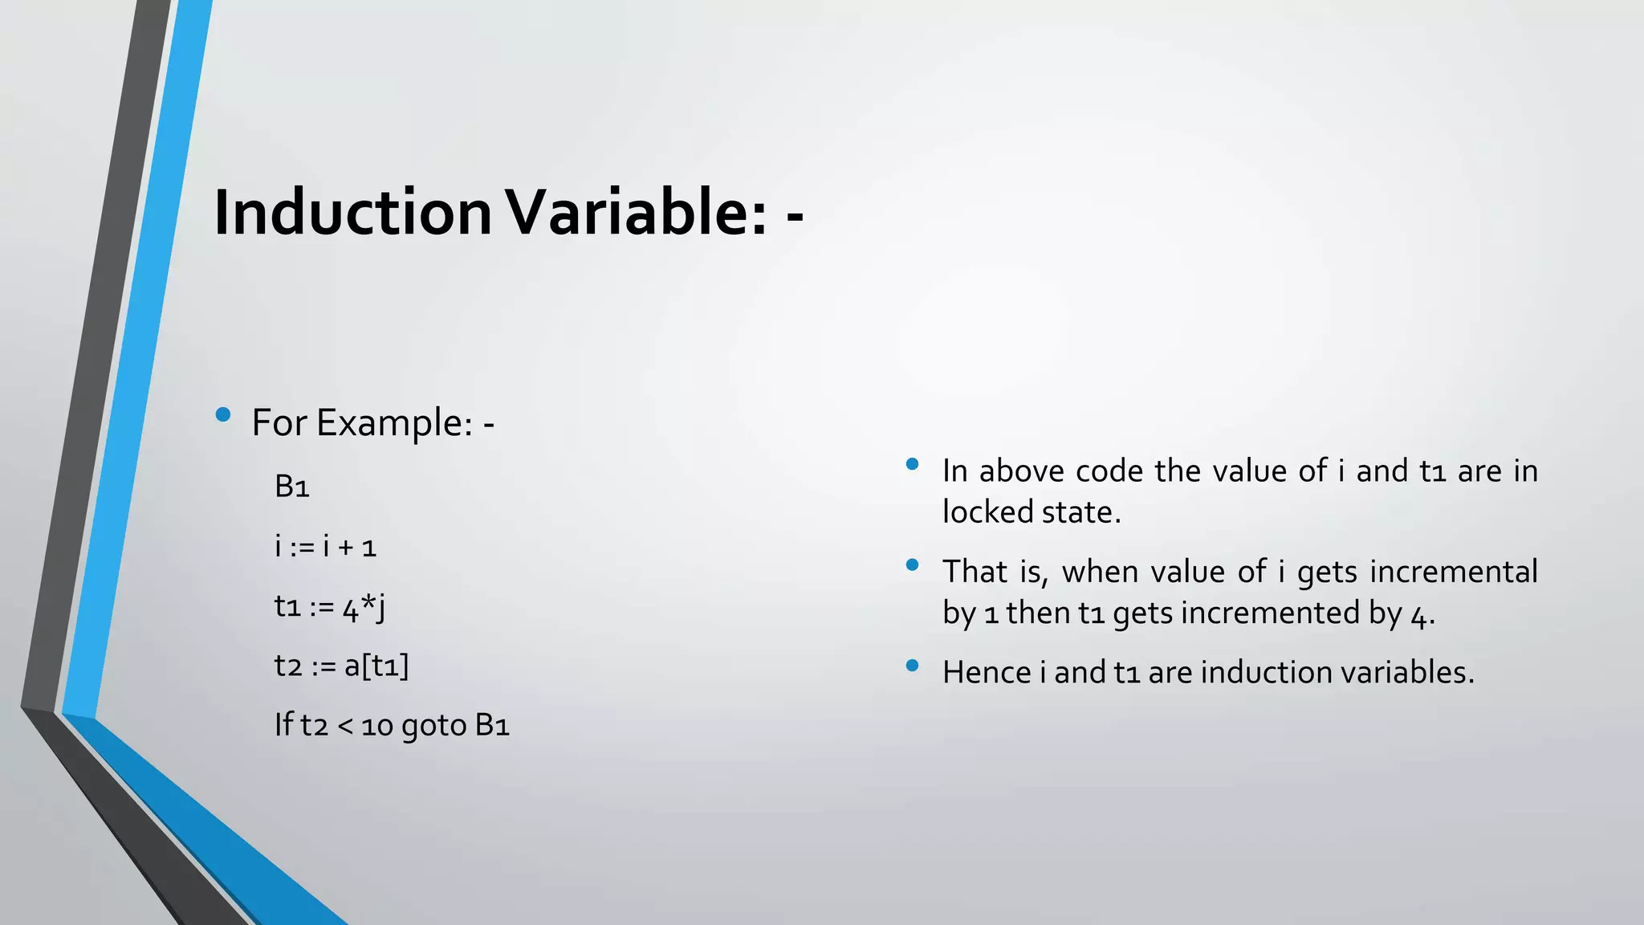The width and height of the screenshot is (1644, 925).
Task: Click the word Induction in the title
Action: [x=352, y=213]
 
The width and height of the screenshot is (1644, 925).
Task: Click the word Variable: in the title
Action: [x=638, y=213]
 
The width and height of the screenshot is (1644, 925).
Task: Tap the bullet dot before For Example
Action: [x=223, y=415]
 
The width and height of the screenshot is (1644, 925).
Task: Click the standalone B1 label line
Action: [x=291, y=487]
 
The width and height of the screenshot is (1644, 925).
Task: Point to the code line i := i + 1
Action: [x=325, y=547]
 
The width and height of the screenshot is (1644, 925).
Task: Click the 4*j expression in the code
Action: [x=364, y=607]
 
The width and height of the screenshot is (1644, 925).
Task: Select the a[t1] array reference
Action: [x=376, y=666]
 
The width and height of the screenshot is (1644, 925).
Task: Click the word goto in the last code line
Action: [x=433, y=726]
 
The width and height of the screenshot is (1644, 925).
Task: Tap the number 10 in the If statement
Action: [x=376, y=726]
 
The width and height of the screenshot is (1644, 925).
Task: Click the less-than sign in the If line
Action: [x=345, y=726]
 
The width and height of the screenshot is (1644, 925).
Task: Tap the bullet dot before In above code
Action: [x=912, y=464]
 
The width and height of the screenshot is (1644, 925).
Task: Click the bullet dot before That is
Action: [x=912, y=565]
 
